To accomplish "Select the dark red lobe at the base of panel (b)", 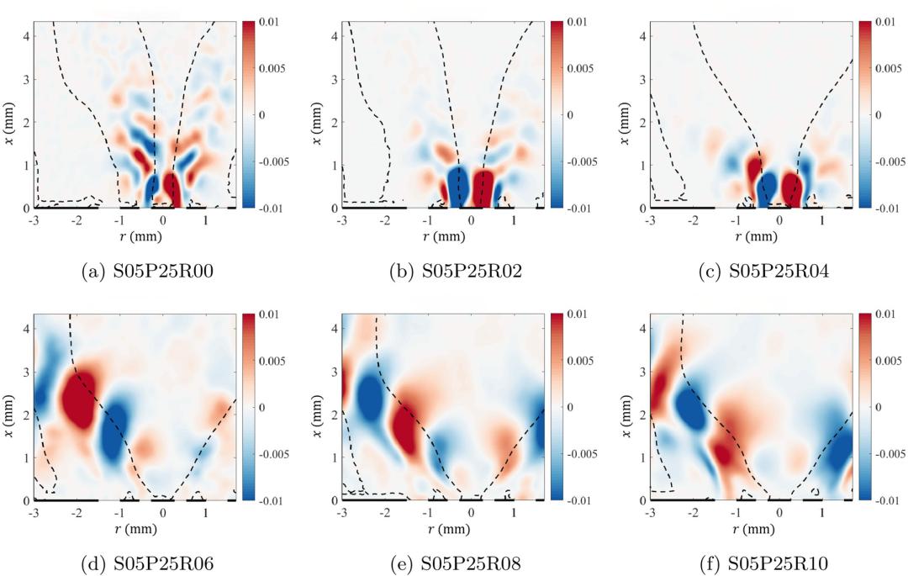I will (483, 185).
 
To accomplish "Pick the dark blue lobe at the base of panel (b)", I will (457, 185).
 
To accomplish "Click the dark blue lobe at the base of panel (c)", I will (767, 190).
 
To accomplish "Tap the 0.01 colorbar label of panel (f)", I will (882, 314).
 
